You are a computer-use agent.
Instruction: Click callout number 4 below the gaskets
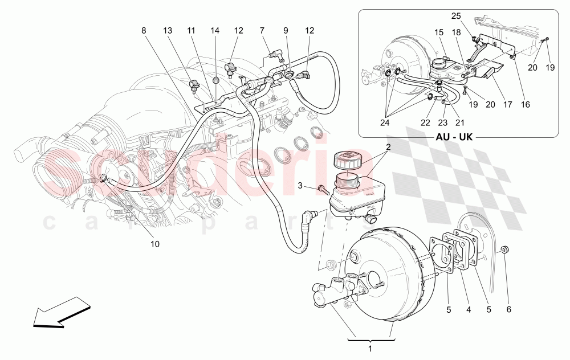click(469, 310)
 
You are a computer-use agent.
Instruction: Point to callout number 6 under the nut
click(509, 310)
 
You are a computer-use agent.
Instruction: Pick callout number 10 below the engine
click(154, 244)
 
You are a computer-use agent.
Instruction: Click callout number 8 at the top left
click(144, 30)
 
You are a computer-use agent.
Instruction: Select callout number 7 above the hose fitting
click(262, 30)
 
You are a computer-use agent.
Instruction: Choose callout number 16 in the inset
click(525, 105)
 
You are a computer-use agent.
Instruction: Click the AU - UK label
click(453, 137)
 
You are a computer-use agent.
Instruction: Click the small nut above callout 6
click(506, 251)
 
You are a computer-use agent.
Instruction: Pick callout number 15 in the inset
click(439, 33)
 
